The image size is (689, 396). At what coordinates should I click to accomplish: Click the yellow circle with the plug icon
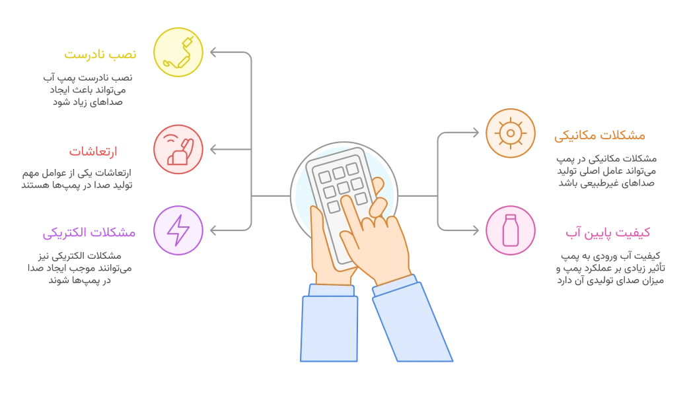point(178,52)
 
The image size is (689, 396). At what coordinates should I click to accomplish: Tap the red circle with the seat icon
point(178,150)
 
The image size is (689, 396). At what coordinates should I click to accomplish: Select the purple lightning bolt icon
point(178,230)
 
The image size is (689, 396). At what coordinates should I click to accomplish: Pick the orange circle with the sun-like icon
point(510,133)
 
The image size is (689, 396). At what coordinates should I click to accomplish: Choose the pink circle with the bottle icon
point(510,230)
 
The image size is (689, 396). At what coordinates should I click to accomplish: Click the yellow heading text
point(100,55)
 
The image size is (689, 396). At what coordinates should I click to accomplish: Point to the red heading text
point(94,152)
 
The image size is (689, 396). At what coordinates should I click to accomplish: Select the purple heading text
point(90,233)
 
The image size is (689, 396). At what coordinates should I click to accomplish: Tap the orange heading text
point(600,137)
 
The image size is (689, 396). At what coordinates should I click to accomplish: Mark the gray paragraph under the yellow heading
point(88,88)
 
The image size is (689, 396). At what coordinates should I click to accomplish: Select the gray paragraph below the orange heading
point(606,171)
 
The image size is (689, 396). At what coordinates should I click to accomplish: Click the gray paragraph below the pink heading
point(609,269)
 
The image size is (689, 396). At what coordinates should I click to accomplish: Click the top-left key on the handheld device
point(324,176)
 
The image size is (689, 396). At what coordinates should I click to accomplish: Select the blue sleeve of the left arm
point(329,327)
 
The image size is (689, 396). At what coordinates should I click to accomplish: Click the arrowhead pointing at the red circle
point(210,150)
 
